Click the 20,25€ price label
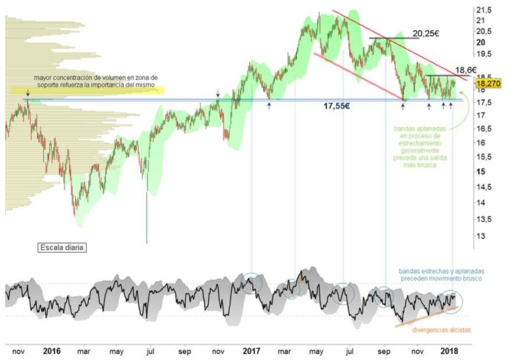425,33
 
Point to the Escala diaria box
62,248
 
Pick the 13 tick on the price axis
481,236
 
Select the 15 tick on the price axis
481,171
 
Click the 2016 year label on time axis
51,350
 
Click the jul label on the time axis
150,350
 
